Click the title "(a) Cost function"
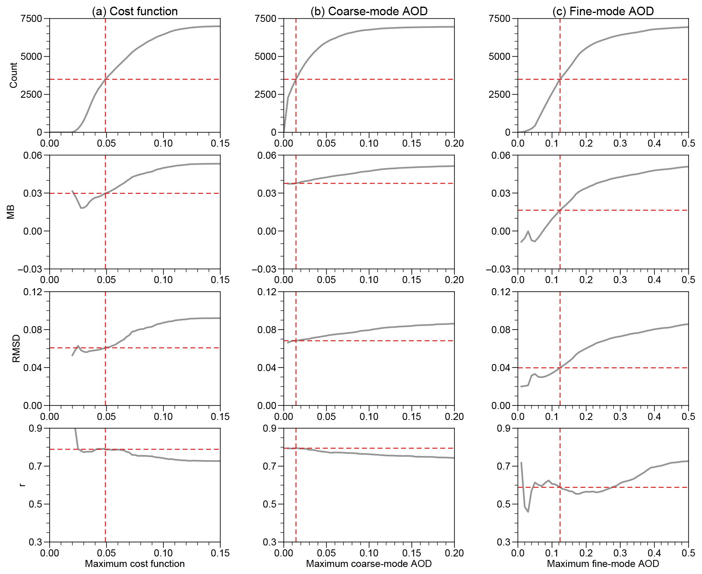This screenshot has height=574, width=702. (135, 11)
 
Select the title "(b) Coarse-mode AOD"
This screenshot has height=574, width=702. (369, 11)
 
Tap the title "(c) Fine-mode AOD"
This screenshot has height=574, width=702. (603, 11)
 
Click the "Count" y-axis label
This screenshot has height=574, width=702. (14, 75)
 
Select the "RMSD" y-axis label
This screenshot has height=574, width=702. (16, 349)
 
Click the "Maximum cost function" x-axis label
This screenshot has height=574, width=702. (135, 563)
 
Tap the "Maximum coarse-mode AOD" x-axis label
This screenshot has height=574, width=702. (369, 563)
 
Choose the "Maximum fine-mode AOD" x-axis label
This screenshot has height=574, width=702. (603, 563)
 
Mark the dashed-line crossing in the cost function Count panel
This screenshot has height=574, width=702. (105, 79)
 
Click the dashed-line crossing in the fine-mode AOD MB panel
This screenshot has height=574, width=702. (560, 210)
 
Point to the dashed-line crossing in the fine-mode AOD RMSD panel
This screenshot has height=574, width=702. (560, 368)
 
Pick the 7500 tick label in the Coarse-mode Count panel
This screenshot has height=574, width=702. (265, 19)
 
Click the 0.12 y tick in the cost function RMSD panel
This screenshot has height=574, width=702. (33, 292)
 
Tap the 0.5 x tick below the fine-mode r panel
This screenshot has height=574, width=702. (688, 553)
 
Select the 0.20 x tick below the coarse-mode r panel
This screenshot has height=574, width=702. (454, 553)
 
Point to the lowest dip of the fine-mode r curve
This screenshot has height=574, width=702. (528, 512)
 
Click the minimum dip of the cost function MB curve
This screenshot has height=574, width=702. (82, 208)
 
